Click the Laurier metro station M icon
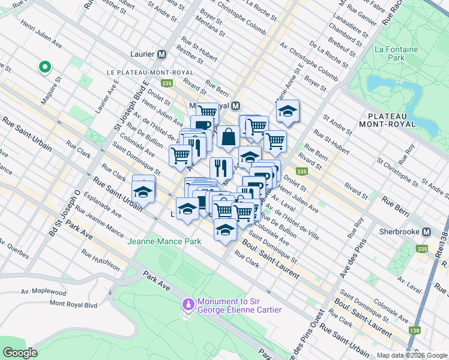click(161, 54)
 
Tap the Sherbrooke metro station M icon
click(427, 232)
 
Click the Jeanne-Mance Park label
click(163, 241)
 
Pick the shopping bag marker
click(228, 137)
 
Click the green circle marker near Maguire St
click(44, 67)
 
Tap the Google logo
click(20, 353)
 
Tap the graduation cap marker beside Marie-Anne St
click(288, 111)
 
